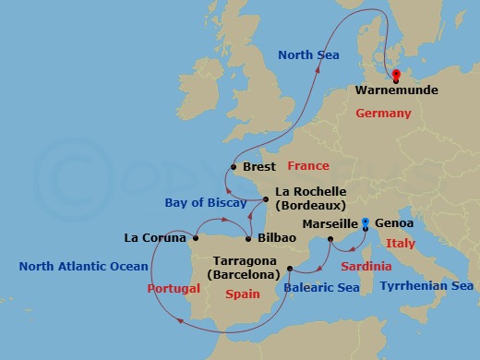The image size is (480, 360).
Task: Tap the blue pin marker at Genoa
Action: click(x=366, y=222)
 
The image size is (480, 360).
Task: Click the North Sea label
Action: click(x=308, y=56)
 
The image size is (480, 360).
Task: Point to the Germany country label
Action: click(x=382, y=113)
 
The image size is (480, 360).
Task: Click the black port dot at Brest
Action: click(x=233, y=167)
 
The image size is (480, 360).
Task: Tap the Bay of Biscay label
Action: click(x=204, y=201)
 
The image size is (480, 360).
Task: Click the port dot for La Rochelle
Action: click(x=266, y=199)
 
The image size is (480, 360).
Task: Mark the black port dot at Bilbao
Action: click(x=249, y=237)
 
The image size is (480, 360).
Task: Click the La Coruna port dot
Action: click(x=196, y=237)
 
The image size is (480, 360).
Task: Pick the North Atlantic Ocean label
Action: click(x=83, y=267)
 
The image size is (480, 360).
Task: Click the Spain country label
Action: click(x=244, y=293)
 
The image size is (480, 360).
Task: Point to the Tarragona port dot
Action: click(x=290, y=269)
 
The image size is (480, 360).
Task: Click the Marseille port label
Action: click(x=330, y=223)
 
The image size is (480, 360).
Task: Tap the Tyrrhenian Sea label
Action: click(x=427, y=286)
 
